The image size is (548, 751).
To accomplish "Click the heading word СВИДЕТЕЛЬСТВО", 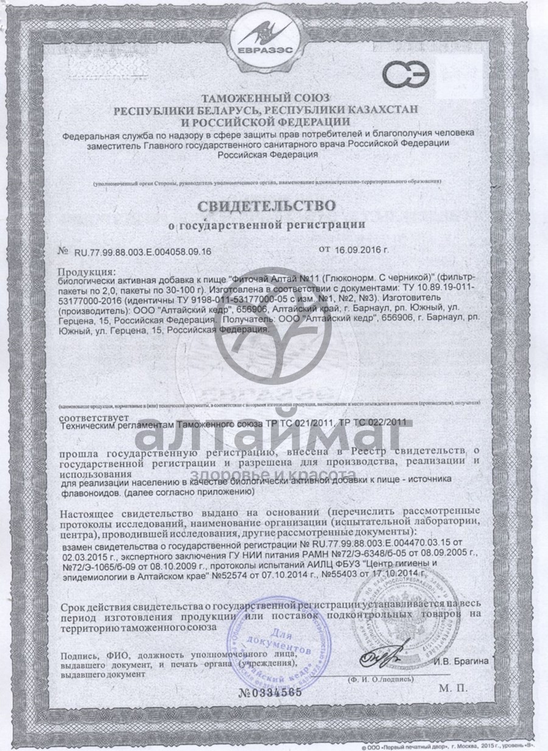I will point(267,203).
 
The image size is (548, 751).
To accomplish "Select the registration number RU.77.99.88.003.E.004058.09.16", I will point(143,251).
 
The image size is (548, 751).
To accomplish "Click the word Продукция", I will point(86,272).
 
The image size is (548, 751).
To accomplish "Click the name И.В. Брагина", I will point(460,661).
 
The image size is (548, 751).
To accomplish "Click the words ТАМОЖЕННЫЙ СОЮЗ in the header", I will point(267,98).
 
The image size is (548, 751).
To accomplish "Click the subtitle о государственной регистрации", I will point(267,224).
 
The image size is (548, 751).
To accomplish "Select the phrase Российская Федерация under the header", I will point(268,155).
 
